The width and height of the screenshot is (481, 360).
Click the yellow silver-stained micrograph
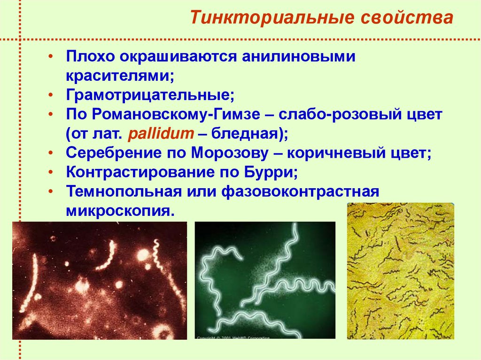pos(400,271)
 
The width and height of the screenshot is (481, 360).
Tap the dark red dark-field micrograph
pos(99,280)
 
